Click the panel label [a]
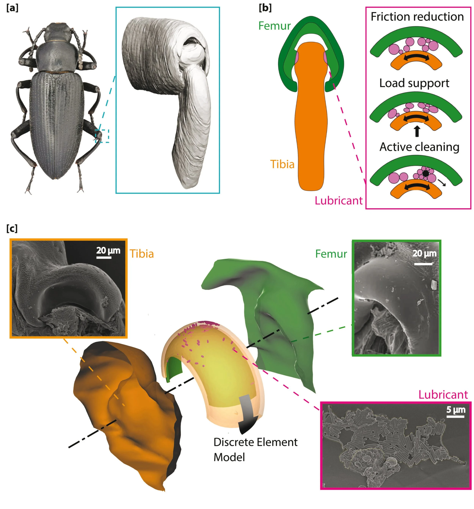[x=12, y=8]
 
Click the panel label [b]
[x=265, y=8]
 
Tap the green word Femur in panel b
[x=274, y=26]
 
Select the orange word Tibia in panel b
[x=282, y=164]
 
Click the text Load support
[x=414, y=83]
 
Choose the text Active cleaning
[x=419, y=147]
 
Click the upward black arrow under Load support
[x=417, y=131]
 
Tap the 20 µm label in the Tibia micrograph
[x=108, y=250]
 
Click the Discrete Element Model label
[x=255, y=449]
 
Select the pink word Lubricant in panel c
[x=443, y=395]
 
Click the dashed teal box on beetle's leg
[x=102, y=136]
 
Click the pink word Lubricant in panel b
[x=338, y=200]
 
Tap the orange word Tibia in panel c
[x=142, y=254]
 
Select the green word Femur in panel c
[x=331, y=254]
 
